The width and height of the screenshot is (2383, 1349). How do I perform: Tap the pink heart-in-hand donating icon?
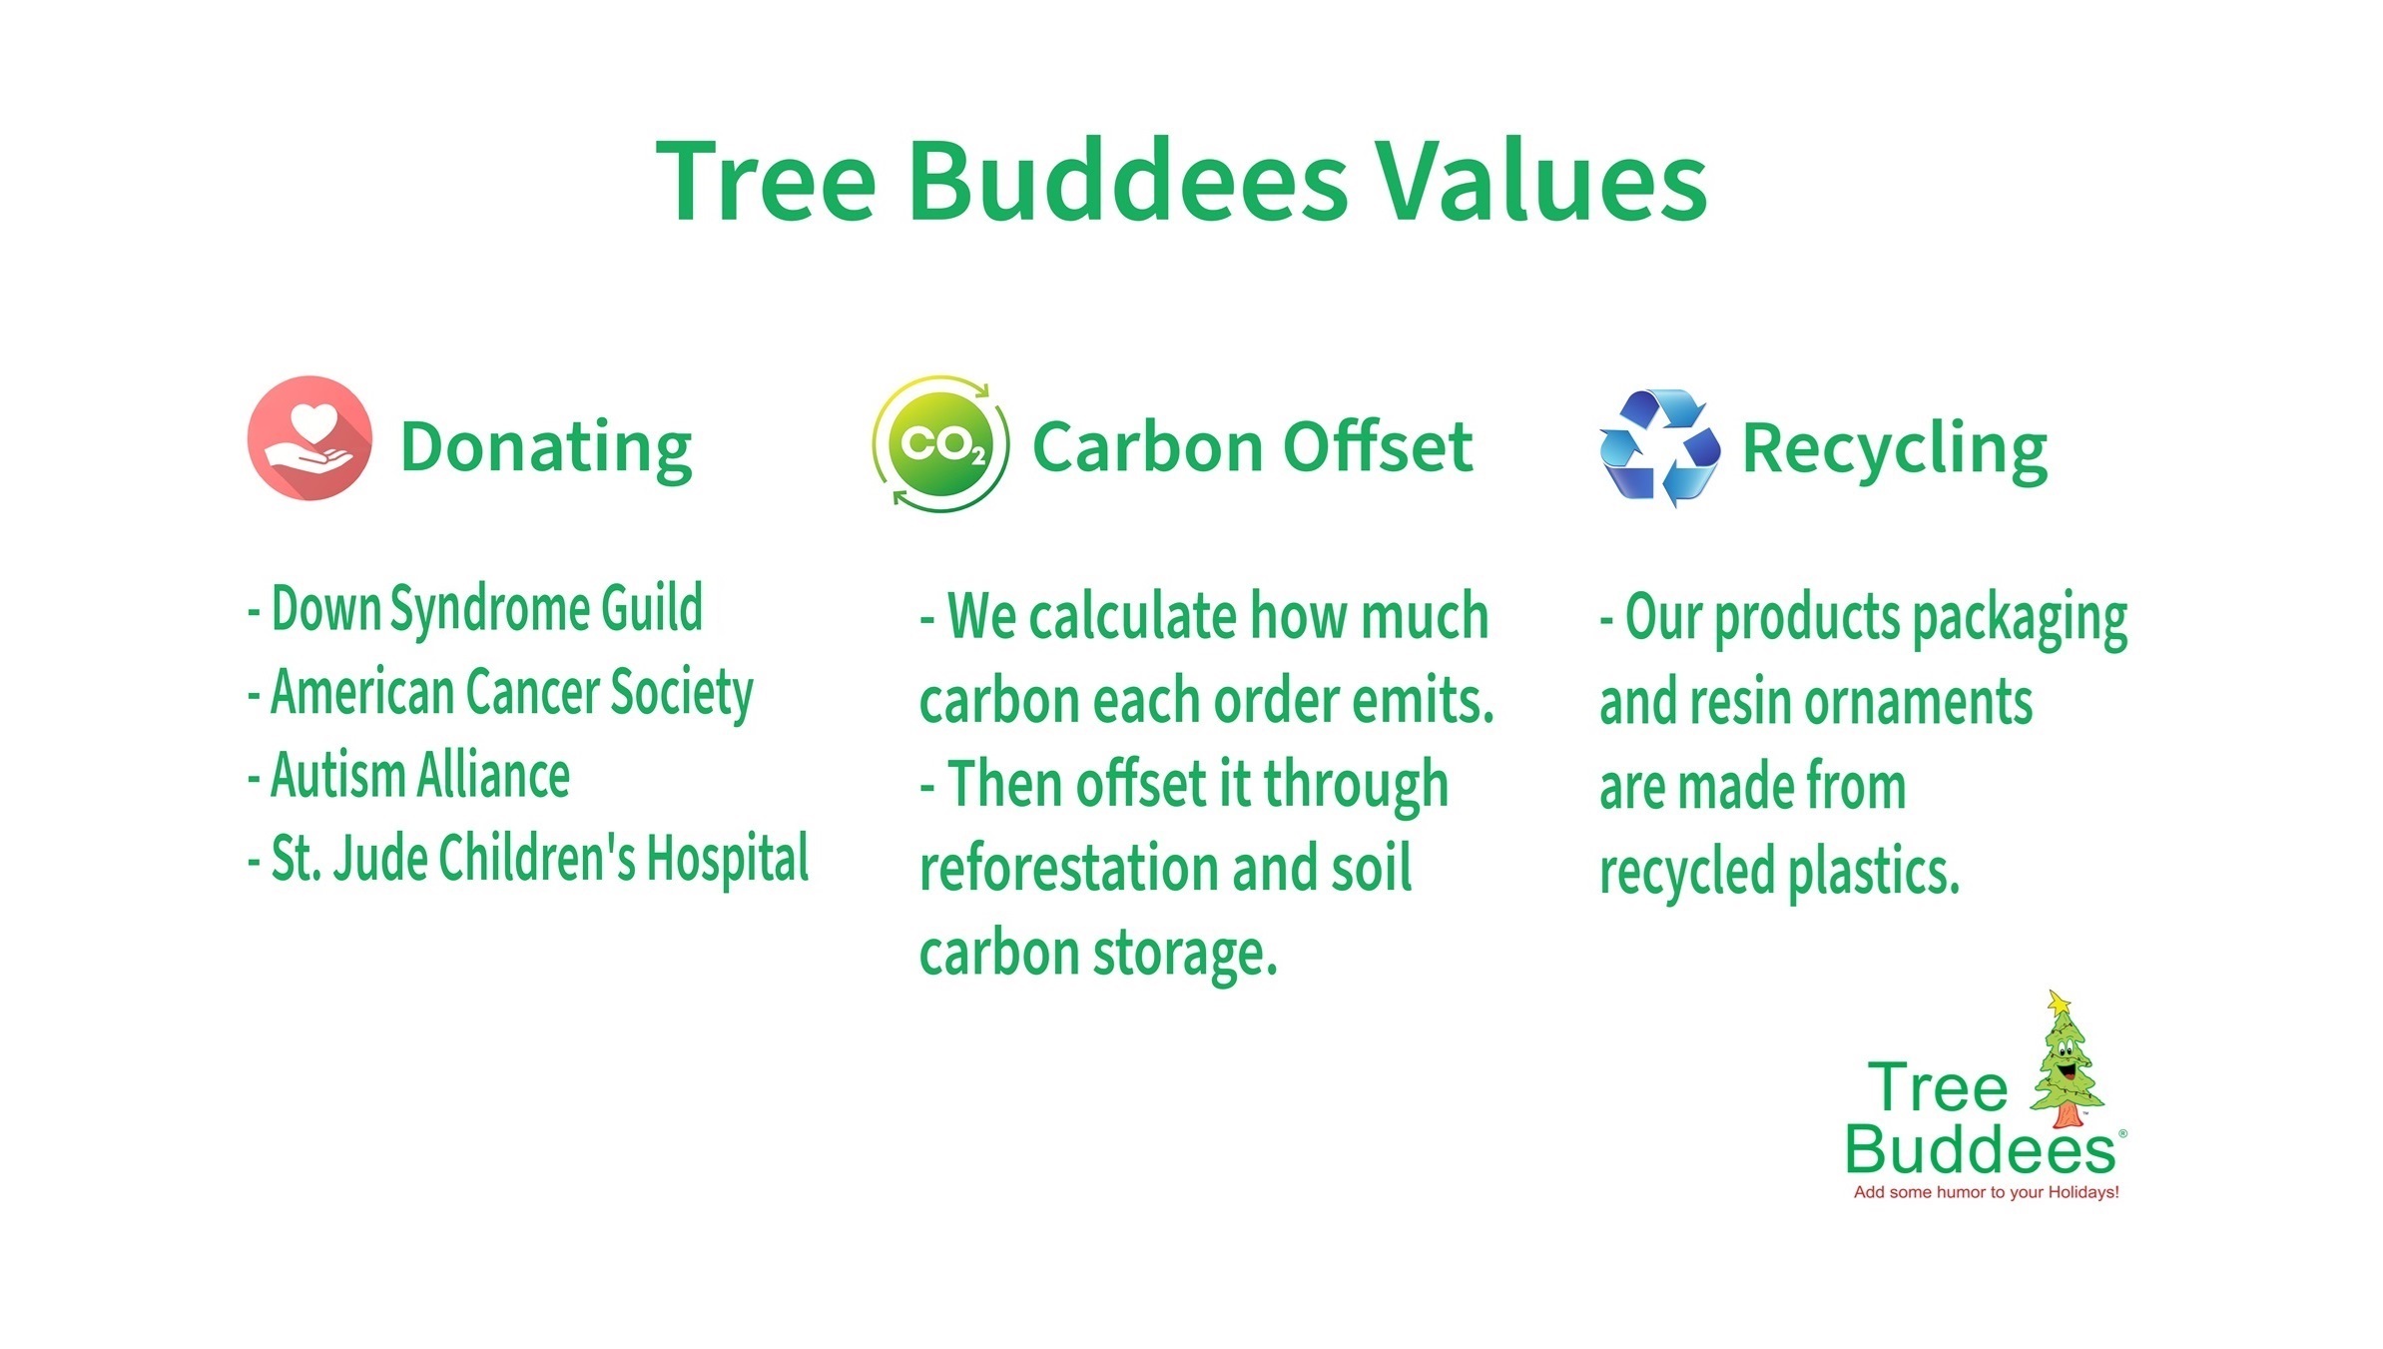click(309, 437)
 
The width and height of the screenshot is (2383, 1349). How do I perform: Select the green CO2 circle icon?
click(940, 443)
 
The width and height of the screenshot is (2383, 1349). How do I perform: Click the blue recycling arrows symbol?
click(1659, 446)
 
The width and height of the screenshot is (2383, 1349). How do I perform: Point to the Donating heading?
click(546, 448)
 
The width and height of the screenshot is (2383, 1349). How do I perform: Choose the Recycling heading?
click(1895, 450)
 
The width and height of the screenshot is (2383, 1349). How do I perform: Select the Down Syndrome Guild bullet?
click(475, 609)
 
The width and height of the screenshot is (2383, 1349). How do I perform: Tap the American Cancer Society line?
click(500, 693)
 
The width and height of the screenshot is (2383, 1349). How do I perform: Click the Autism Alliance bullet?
click(408, 775)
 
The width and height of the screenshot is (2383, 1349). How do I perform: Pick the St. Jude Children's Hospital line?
click(528, 860)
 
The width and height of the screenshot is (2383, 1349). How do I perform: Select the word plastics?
click(1874, 872)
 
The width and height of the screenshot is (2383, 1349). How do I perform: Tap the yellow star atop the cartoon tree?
click(2059, 1003)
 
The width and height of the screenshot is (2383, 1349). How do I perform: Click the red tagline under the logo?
click(1986, 1192)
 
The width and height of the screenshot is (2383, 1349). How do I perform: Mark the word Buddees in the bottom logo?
click(1980, 1150)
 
